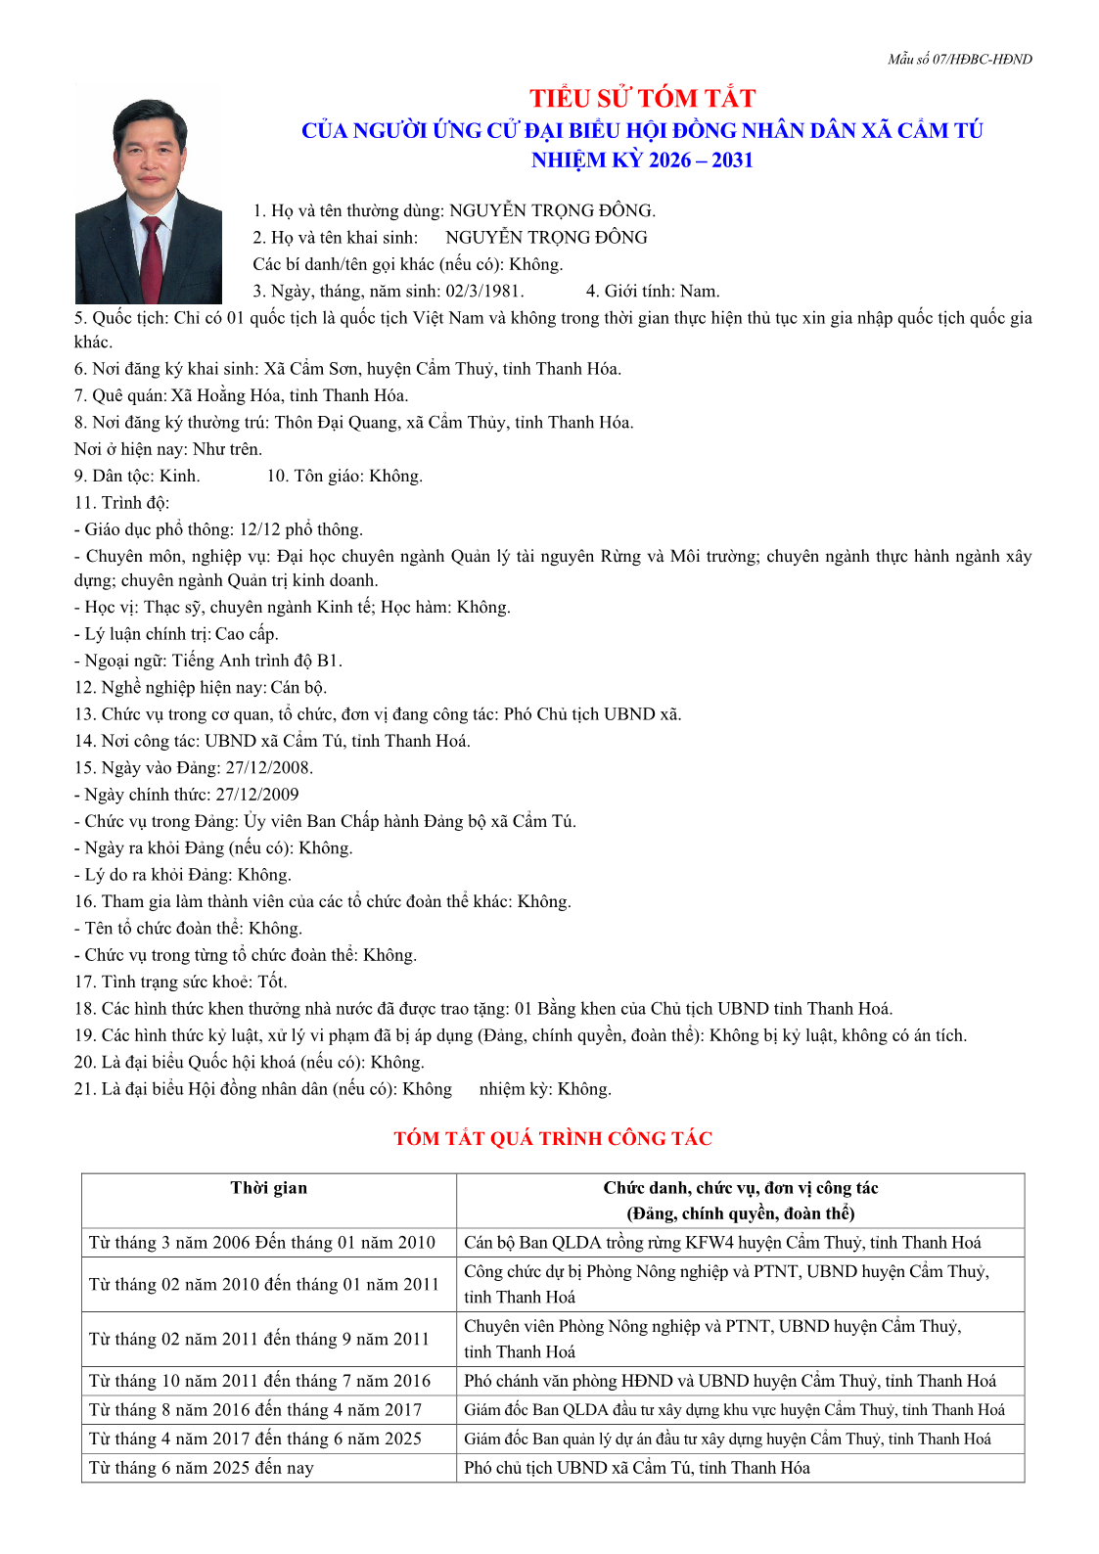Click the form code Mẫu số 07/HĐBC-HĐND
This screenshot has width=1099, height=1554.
[959, 60]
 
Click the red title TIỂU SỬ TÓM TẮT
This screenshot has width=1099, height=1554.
[642, 99]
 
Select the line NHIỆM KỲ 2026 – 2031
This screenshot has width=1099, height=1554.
[642, 160]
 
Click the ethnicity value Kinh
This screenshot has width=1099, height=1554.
[179, 477]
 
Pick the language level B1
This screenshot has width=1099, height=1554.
[329, 661]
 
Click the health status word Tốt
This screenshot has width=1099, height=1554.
[272, 982]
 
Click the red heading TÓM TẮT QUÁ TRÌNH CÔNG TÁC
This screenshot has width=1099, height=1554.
[553, 1139]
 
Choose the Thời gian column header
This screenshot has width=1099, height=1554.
[269, 1188]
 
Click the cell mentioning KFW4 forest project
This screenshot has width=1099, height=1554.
[722, 1243]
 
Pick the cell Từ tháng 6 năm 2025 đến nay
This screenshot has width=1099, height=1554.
[202, 1468]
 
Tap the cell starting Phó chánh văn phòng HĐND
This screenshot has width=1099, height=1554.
[730, 1381]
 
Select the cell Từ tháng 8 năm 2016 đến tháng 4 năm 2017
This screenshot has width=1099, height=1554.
[255, 1410]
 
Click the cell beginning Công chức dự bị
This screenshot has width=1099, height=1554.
[726, 1284]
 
